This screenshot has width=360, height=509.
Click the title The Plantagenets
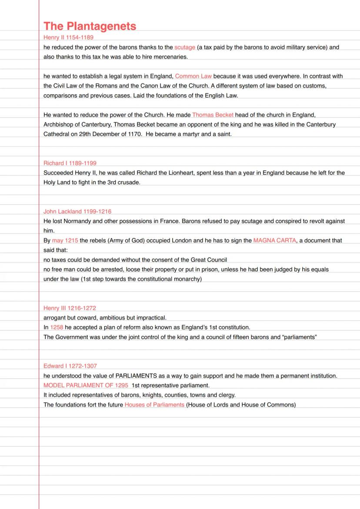click(x=90, y=26)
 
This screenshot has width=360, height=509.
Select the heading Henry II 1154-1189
click(x=68, y=37)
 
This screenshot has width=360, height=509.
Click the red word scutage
click(x=185, y=47)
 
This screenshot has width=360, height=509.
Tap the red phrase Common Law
click(x=193, y=76)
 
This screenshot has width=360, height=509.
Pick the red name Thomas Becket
click(x=213, y=115)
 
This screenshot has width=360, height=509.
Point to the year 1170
click(x=134, y=134)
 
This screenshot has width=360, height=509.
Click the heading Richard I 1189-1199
click(x=70, y=163)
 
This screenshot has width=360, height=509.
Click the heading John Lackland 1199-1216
click(x=77, y=212)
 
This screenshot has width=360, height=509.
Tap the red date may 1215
click(x=65, y=240)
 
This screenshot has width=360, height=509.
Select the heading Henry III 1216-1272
click(x=70, y=308)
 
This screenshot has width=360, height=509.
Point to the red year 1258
click(x=57, y=327)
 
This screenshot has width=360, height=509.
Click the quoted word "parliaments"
click(x=300, y=337)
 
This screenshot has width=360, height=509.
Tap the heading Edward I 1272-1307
click(x=70, y=366)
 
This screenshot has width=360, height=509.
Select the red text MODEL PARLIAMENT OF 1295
click(x=86, y=386)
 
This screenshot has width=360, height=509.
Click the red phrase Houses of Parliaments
click(x=154, y=405)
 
